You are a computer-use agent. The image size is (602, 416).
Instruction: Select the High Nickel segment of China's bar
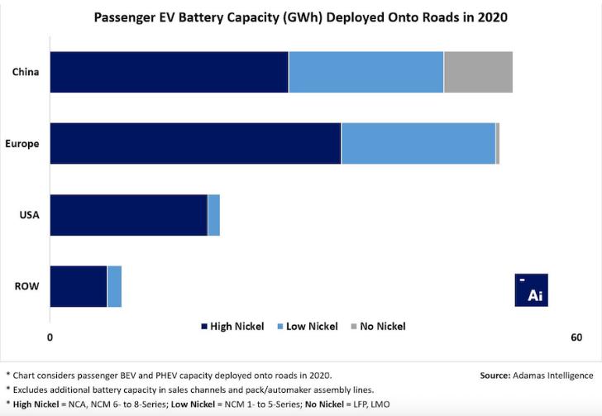169,72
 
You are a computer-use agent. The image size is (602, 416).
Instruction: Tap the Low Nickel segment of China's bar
365,72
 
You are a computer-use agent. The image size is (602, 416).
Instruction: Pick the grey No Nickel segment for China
478,72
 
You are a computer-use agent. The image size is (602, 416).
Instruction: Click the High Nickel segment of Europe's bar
195,143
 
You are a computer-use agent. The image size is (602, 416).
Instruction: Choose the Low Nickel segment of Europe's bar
418,143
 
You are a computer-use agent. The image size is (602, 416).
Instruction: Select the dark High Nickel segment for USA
128,215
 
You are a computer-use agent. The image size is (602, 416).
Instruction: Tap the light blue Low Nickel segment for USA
213,215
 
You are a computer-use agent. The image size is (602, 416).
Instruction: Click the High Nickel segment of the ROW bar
79,286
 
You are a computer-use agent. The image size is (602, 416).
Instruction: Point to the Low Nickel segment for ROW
115,286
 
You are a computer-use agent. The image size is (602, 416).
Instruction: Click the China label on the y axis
26,72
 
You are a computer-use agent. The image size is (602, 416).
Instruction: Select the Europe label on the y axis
22,144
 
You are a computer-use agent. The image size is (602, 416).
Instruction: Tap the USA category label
30,215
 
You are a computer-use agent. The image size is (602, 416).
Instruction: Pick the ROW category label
27,287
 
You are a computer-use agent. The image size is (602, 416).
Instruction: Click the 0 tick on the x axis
50,337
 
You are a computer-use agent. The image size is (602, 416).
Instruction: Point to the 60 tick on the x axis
576,337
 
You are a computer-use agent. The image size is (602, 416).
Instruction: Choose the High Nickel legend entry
232,326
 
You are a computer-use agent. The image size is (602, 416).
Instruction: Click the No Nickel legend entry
379,326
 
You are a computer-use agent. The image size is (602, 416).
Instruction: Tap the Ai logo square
532,289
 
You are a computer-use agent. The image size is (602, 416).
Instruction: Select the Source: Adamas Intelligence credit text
536,375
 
